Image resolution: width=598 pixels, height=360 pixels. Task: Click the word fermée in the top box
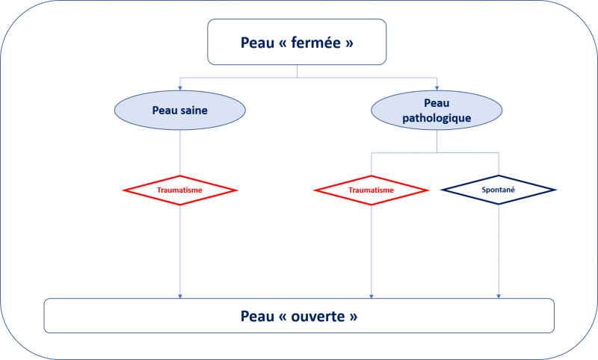pos(316,43)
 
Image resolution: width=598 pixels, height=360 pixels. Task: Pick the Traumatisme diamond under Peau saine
pos(180,190)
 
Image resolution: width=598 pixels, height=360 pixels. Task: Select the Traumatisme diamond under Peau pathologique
pos(371,190)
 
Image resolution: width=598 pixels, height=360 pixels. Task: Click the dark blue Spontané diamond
pos(499,190)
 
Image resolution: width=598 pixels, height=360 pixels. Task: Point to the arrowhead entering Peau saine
pos(180,88)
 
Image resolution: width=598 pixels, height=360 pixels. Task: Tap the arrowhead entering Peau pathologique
pos(437,88)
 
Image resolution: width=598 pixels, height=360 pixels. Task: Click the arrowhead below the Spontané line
pos(499,296)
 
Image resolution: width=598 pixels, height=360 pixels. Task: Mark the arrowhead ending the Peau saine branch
pos(180,296)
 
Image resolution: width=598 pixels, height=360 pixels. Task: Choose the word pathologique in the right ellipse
pos(437,118)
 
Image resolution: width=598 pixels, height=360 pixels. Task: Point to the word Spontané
pos(499,190)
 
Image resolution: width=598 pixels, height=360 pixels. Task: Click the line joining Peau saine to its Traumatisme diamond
pos(180,153)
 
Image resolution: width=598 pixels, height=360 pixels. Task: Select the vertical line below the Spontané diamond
pos(499,249)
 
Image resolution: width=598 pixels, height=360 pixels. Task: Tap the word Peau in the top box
pos(257,43)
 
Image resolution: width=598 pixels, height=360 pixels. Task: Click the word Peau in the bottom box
pos(257,316)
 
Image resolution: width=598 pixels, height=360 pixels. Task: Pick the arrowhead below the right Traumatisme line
pos(371,296)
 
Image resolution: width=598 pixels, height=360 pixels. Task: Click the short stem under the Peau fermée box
pos(297,71)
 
